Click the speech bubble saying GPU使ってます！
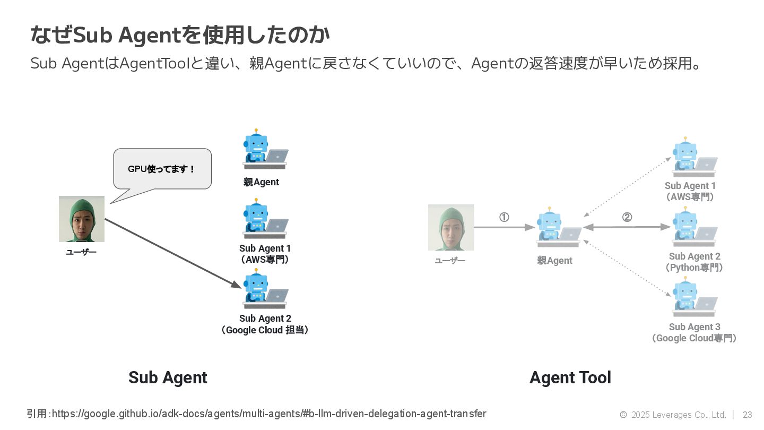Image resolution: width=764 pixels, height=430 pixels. pos(162,169)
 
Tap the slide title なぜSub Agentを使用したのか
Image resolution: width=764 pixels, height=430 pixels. pos(180,35)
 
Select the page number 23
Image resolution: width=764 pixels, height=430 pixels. pos(747,415)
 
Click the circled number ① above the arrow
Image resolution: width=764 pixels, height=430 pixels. pos(504,217)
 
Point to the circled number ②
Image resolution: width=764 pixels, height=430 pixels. pos(627,217)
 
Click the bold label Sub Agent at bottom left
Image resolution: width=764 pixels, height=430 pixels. pos(168,377)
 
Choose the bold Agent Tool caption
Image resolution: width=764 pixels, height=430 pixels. pos(570,377)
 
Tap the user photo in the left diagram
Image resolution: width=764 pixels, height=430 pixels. pos(82,219)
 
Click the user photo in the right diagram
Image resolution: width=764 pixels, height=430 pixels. pos(451,227)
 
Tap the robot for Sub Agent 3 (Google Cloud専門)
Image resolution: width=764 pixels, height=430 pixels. pos(694,299)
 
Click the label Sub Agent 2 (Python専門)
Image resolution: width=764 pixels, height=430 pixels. pos(694,262)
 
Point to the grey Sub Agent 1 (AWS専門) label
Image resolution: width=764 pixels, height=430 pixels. pos(690,191)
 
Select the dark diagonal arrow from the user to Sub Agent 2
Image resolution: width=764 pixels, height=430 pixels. pos(172,253)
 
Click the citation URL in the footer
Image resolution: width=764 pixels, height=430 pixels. pos(268,414)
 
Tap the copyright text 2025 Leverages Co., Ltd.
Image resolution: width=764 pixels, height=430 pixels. pos(678,415)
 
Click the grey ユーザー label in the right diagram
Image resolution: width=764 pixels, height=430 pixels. pos(450,261)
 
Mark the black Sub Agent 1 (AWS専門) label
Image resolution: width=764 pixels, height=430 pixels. pos(265,254)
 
